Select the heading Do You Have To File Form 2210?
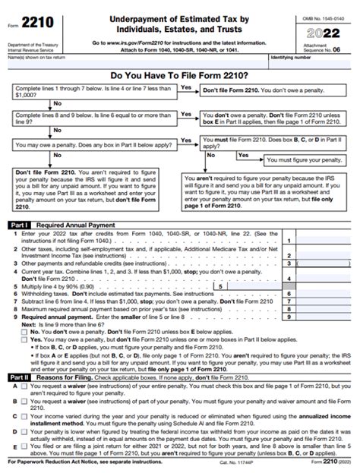[x=179, y=77]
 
